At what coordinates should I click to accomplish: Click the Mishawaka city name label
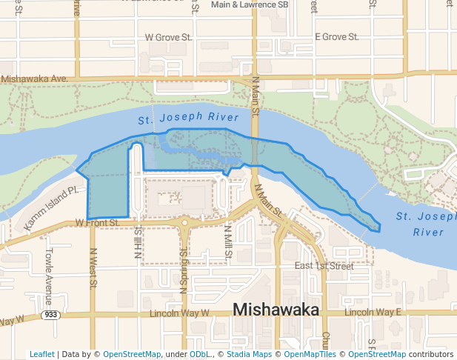[x=276, y=310]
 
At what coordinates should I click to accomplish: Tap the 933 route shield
[x=51, y=315]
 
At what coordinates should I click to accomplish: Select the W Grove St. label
[x=168, y=36]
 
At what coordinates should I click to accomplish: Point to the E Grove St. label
[x=336, y=36]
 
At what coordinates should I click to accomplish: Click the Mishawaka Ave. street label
[x=34, y=79]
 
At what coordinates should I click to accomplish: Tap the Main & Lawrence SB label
[x=250, y=4]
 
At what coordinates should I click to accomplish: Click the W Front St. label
[x=97, y=222]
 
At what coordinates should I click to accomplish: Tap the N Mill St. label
[x=227, y=243]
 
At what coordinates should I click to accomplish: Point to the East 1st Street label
[x=324, y=265]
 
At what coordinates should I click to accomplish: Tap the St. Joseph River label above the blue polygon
[x=188, y=118]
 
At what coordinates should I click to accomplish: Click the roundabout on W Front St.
[x=184, y=221]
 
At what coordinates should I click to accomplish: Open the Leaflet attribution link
[x=41, y=354]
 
